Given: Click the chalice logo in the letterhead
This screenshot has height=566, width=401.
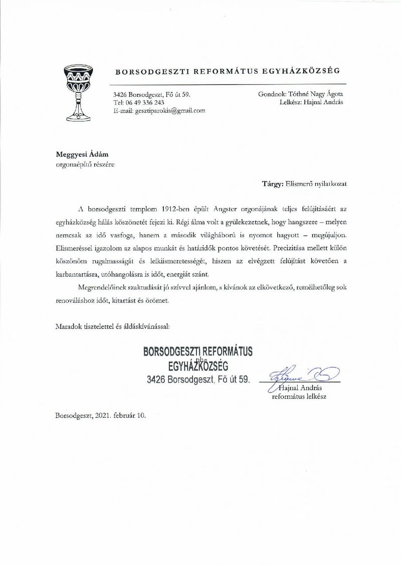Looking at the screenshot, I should pyautogui.click(x=78, y=92).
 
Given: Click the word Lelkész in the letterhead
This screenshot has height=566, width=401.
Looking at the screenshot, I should pyautogui.click(x=292, y=103).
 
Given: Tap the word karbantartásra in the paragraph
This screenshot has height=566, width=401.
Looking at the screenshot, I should pyautogui.click(x=78, y=274).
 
